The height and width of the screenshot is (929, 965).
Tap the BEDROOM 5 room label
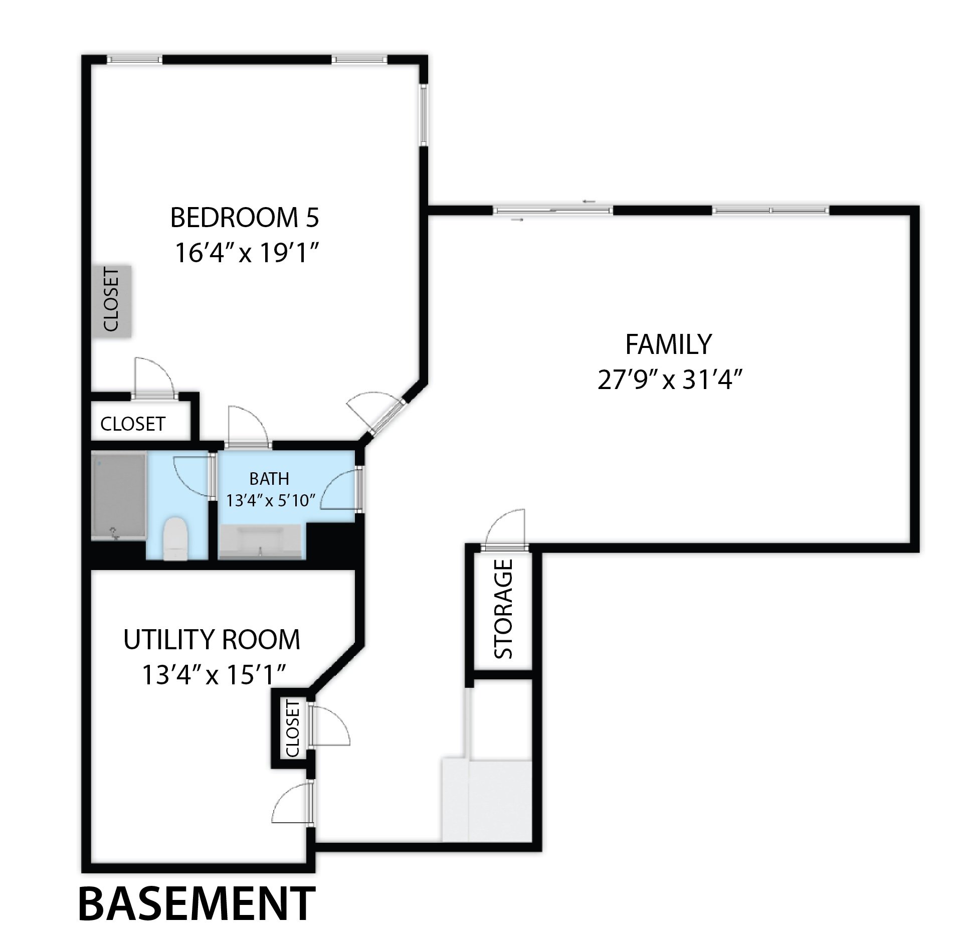pos(245,217)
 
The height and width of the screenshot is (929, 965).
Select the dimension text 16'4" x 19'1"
pos(247,254)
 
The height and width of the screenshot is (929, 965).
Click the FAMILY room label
pos(668,344)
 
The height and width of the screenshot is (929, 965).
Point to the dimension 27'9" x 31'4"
pos(669,380)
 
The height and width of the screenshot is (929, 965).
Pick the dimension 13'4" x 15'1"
pos(214,675)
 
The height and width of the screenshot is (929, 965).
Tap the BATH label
pos(269,479)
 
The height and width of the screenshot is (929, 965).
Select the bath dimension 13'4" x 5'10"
pos(270,500)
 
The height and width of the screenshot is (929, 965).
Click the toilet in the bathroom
pos(175,538)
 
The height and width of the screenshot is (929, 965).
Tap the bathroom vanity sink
pos(260,542)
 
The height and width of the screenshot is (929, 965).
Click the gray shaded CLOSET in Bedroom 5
pos(111,301)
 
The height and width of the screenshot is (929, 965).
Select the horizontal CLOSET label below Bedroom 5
pos(133,424)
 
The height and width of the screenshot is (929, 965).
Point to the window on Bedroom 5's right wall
pos(424,115)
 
